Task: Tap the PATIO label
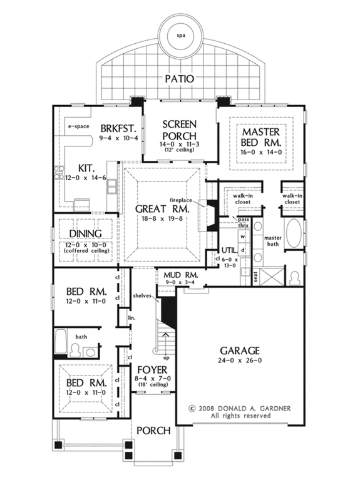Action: coord(180,79)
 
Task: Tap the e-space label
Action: coord(79,126)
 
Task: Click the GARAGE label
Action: coord(239,350)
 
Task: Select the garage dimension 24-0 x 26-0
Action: coord(239,363)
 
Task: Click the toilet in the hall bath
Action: coord(75,352)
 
